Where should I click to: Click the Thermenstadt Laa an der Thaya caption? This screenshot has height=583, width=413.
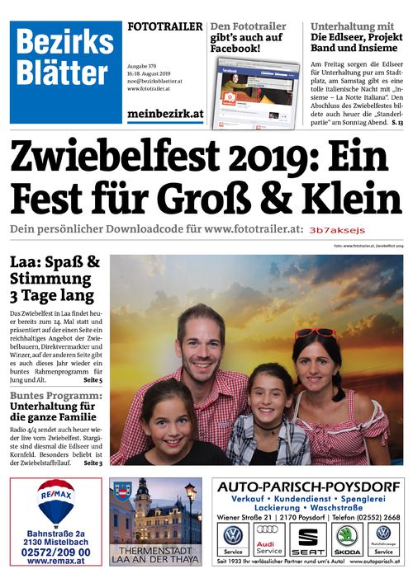point(155,554)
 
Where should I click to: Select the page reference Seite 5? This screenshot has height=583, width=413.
point(93,380)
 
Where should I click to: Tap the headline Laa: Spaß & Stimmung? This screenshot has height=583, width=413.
point(55,279)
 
